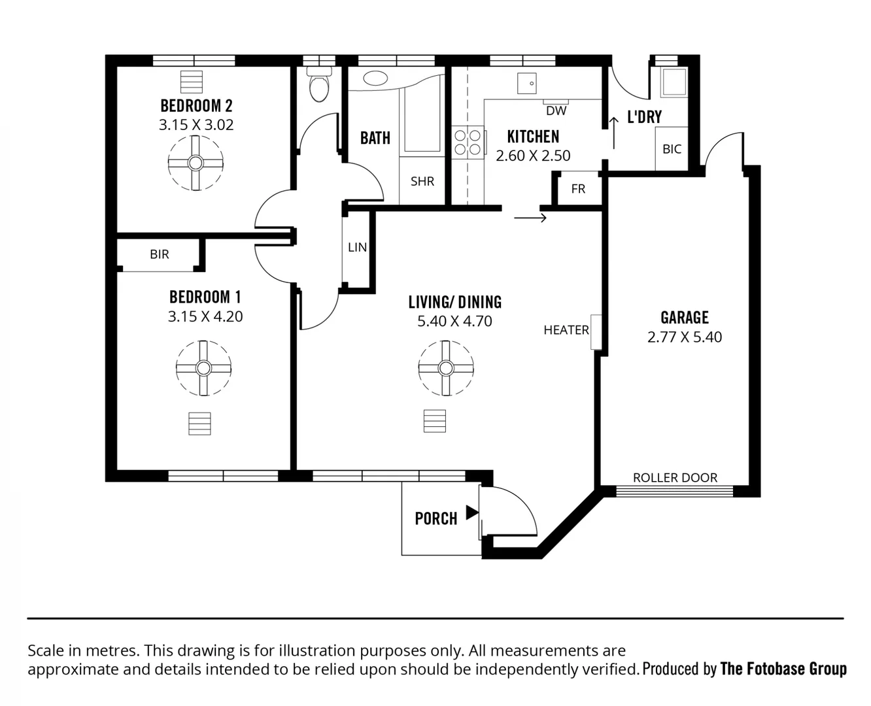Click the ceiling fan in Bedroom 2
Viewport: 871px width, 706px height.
click(196, 163)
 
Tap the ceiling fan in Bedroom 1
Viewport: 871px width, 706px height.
click(203, 368)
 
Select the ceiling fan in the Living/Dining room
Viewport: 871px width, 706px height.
click(446, 368)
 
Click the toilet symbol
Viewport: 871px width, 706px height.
click(319, 86)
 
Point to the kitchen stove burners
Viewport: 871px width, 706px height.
click(468, 143)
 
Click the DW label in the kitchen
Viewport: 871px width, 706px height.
click(556, 110)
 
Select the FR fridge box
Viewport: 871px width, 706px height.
click(578, 189)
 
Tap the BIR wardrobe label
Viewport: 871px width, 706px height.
click(159, 254)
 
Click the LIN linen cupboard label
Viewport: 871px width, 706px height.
click(357, 247)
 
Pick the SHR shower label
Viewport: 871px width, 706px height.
click(422, 181)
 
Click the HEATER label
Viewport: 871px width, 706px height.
click(566, 330)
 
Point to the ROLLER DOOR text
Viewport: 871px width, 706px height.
click(675, 478)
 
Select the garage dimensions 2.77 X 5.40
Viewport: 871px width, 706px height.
click(685, 337)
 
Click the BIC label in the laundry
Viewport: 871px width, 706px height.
click(672, 149)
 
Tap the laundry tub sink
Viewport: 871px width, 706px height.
click(673, 82)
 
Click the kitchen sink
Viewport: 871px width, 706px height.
click(527, 84)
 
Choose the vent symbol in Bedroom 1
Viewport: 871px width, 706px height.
click(199, 424)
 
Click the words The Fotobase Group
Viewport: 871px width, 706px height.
click(783, 669)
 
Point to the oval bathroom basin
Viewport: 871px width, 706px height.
click(375, 79)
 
